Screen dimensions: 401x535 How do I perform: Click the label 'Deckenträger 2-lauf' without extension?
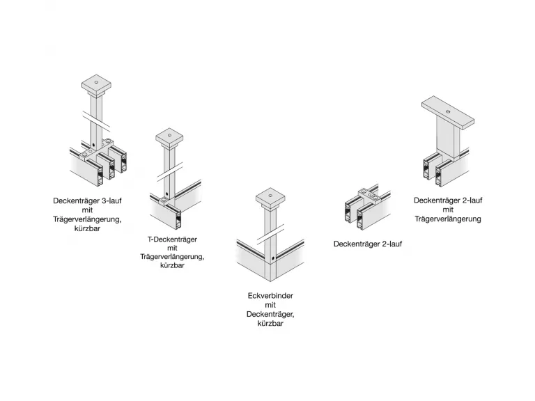368,244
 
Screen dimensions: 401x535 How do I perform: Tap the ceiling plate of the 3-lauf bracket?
96,87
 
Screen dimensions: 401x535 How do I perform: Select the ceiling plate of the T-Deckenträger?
169,136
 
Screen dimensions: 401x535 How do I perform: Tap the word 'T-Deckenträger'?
172,239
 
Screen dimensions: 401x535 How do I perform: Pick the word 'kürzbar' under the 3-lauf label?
87,228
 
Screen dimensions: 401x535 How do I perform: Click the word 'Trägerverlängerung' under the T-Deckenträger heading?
172,256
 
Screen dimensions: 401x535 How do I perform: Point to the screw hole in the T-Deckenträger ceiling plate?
169,134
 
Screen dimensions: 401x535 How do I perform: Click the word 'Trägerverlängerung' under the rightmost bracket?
448,219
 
